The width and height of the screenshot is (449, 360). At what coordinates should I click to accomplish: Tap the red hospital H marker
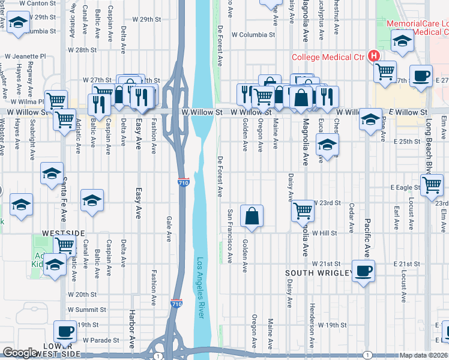tap(374, 56)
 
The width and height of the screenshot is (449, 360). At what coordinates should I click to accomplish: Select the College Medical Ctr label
tap(328, 58)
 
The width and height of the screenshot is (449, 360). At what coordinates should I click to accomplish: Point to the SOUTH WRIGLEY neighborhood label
tap(318, 274)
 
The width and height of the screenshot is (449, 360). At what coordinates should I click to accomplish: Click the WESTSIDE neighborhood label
tap(63, 232)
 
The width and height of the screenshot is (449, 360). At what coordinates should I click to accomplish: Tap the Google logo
tap(20, 353)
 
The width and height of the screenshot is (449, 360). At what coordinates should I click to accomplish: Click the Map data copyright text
tap(424, 355)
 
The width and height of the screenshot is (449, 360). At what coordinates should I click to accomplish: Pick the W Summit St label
tap(86, 310)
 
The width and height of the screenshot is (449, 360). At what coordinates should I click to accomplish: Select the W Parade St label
tap(100, 340)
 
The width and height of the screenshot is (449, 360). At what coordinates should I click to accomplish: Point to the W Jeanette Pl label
tap(25, 56)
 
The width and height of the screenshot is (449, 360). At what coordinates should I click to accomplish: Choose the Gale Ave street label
tap(169, 229)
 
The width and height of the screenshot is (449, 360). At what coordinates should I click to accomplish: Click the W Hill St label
tap(324, 233)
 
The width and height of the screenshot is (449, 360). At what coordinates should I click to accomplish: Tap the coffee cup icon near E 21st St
tap(363, 271)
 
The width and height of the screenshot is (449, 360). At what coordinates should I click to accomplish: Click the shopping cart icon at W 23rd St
tap(303, 211)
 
